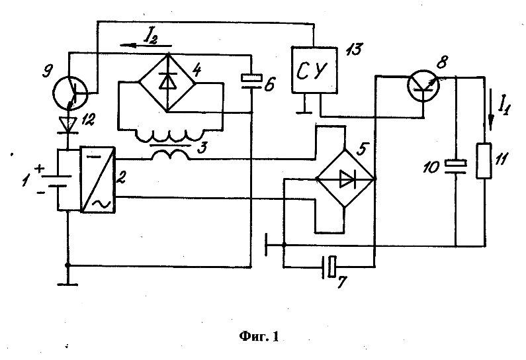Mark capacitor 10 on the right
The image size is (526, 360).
tap(455, 165)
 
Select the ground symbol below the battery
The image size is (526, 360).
tap(67, 285)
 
